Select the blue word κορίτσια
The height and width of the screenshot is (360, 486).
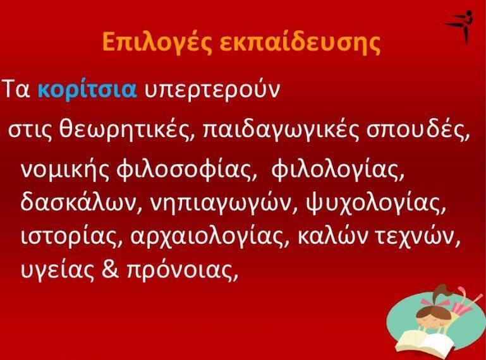tap(87, 89)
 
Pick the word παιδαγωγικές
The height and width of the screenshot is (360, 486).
tap(281, 131)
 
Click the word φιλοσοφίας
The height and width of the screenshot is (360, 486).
tap(187, 170)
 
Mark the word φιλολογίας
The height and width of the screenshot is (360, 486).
tap(338, 170)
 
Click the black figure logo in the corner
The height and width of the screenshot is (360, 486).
tap(459, 27)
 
